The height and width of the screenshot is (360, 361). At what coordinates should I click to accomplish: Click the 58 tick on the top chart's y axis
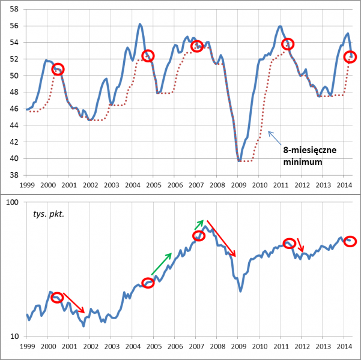tap(14, 9)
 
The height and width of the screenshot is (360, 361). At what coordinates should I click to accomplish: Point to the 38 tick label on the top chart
tap(14, 175)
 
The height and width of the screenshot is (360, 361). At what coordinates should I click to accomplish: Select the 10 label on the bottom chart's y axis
tap(14, 336)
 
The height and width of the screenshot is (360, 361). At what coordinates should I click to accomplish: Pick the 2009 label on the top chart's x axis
tap(238, 185)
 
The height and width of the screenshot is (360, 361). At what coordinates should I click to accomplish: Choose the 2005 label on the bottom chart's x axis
tap(153, 347)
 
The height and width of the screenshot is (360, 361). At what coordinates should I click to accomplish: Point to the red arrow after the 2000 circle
tap(74, 303)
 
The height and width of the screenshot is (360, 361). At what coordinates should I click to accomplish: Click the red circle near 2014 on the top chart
tap(350, 57)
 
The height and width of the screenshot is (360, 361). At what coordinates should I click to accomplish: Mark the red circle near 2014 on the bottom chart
tap(350, 241)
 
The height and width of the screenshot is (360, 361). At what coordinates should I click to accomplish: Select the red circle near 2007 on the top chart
tap(196, 46)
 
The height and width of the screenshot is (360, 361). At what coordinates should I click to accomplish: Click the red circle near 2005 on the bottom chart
tap(148, 283)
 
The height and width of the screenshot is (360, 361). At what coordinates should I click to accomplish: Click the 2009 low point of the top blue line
tap(239, 161)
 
